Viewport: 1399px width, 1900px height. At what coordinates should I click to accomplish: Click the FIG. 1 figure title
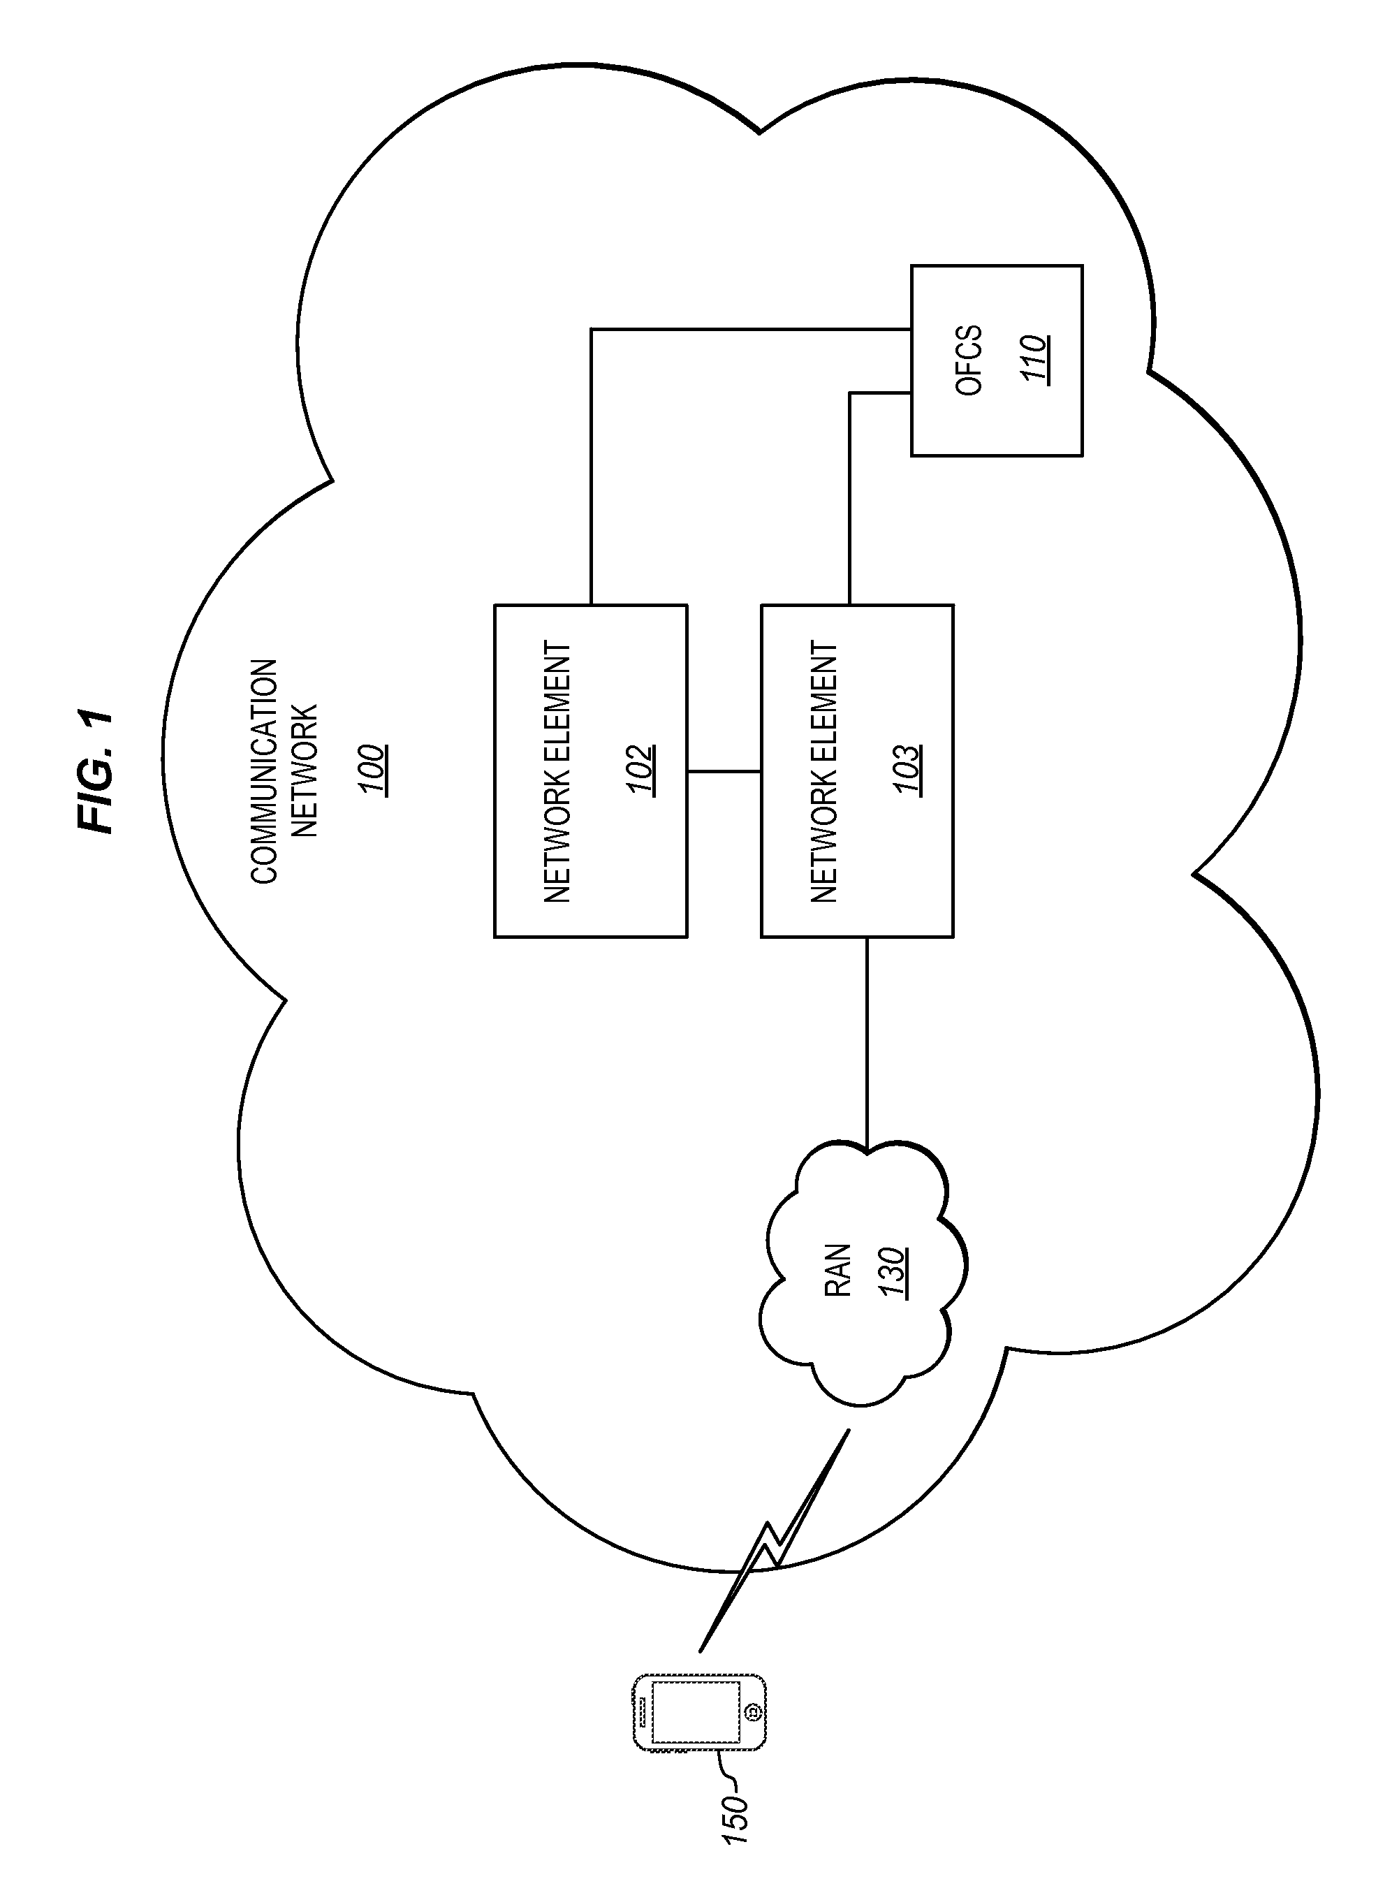pos(95,770)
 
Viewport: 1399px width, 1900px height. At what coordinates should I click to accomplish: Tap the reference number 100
pos(372,769)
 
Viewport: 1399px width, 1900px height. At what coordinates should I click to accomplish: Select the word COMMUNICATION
pos(264,771)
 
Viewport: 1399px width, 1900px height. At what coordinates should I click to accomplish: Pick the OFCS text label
pos(969,360)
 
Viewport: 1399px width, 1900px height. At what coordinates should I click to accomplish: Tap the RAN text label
pos(837,1270)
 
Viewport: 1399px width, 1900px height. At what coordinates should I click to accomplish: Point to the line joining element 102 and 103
pos(724,771)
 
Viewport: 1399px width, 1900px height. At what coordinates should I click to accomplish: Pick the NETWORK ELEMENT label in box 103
pos(823,771)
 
